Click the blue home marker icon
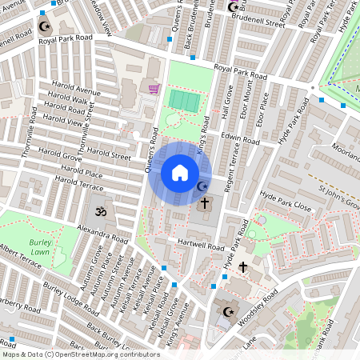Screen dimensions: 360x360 [x=180, y=173]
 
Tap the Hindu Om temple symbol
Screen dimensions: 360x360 [x=101, y=213]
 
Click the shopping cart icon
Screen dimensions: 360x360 [x=153, y=88]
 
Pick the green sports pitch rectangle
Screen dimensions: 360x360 [x=185, y=101]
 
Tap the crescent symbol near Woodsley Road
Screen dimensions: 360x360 [x=228, y=311]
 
